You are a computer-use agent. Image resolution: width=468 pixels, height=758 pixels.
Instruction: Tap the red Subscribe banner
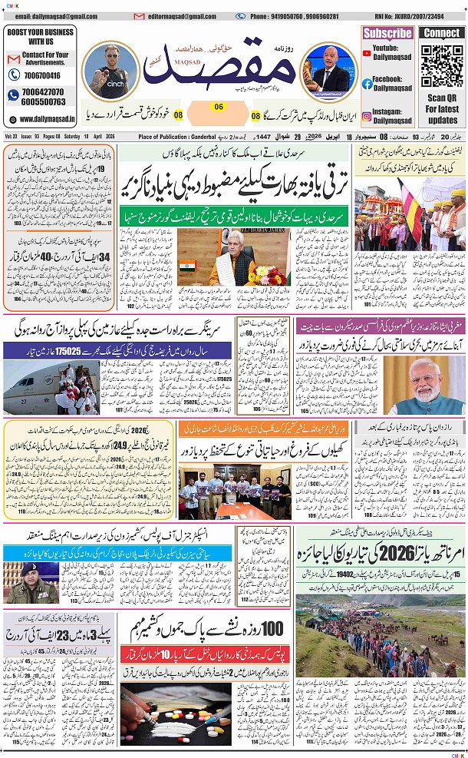(x=387, y=33)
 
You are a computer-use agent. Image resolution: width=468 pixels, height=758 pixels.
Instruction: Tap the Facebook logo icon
(x=367, y=83)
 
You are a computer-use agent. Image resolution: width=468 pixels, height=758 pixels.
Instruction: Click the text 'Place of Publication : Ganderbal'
(x=177, y=137)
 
